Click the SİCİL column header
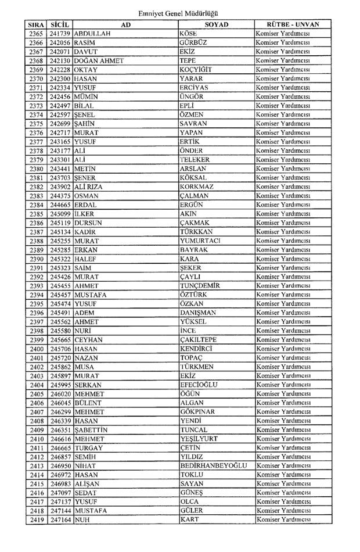60,25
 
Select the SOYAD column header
216,25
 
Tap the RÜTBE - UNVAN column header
293,25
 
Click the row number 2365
36,34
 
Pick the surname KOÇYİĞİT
195,70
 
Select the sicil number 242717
60,132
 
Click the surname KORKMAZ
197,187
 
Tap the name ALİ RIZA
89,187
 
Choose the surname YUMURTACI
200,241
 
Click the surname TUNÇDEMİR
200,285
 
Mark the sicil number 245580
60,331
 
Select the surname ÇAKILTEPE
199,339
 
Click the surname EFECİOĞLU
200,385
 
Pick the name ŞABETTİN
91,429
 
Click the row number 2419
36,519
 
